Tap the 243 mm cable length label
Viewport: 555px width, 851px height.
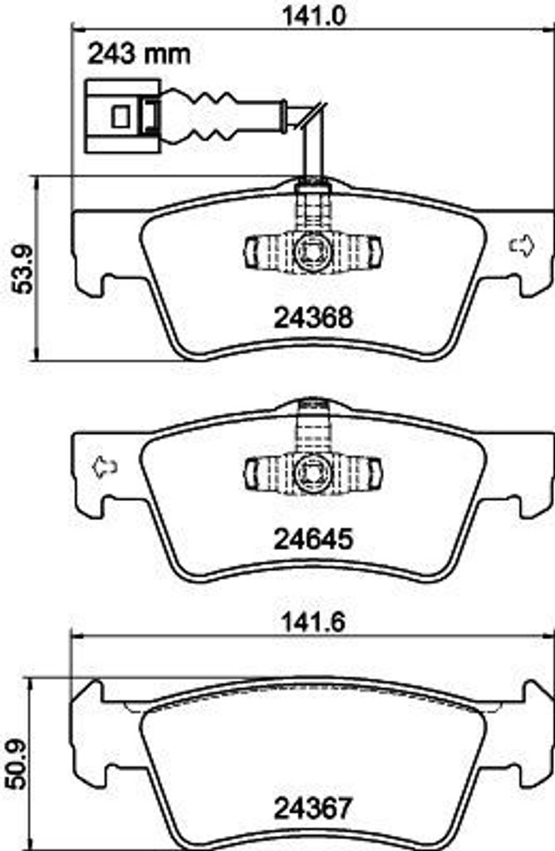tap(140, 54)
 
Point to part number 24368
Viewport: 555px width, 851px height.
tap(313, 318)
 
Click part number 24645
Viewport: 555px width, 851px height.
tap(313, 539)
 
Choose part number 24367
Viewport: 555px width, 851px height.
tap(313, 809)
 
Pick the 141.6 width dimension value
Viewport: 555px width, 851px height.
tap(314, 622)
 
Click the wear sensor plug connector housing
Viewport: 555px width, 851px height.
tap(123, 116)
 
